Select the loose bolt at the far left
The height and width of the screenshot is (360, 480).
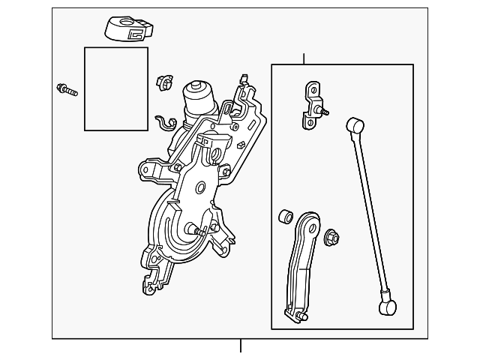tap(67, 91)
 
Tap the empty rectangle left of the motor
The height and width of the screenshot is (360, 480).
tap(115, 88)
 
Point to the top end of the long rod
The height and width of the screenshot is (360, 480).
tap(351, 124)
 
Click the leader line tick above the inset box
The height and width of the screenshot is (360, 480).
tap(304, 59)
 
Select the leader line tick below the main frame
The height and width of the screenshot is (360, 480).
tap(241, 346)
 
